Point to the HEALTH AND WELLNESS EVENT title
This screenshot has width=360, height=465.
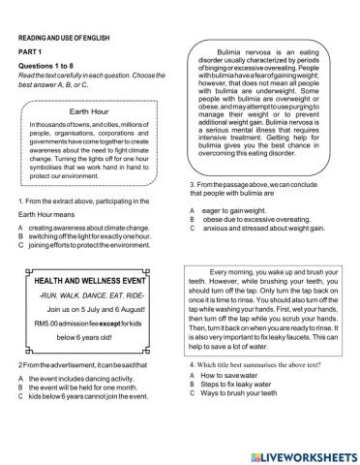tap(92, 280)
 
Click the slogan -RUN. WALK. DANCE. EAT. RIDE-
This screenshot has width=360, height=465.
tap(92, 296)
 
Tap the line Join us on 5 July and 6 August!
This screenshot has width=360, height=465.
tap(92, 312)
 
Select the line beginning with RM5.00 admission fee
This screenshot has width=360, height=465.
tap(92, 328)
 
